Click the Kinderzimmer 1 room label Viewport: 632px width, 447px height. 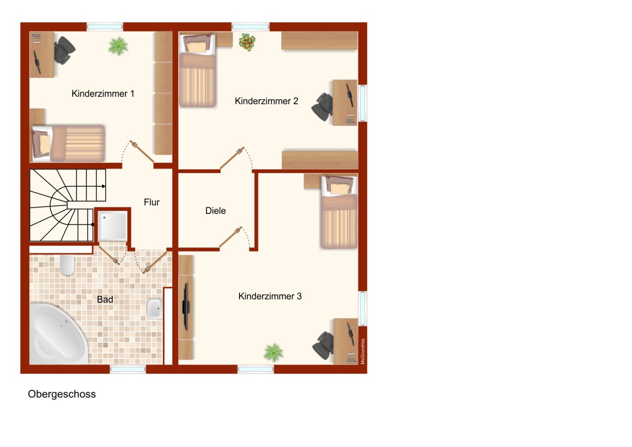[x=103, y=93]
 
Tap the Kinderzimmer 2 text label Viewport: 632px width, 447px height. [x=266, y=101]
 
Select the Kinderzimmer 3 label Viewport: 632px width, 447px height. [x=270, y=296]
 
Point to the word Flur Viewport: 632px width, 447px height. [x=152, y=202]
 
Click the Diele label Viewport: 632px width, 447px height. [x=215, y=211]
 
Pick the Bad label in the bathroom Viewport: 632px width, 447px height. [x=105, y=299]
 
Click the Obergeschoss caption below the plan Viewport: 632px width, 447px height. [x=62, y=394]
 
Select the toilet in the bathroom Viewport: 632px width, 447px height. [x=67, y=265]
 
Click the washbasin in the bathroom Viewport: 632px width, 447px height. [x=155, y=309]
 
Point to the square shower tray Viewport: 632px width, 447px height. [x=113, y=226]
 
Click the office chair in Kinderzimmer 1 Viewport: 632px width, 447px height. [x=63, y=50]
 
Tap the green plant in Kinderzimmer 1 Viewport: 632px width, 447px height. [x=118, y=46]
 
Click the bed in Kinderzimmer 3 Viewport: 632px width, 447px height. [x=339, y=212]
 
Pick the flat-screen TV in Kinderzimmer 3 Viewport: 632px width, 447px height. [x=186, y=306]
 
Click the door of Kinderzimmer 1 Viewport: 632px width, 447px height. [x=142, y=151]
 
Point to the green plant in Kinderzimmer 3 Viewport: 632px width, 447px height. [x=273, y=353]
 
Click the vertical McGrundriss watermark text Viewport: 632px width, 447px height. [x=362, y=351]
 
